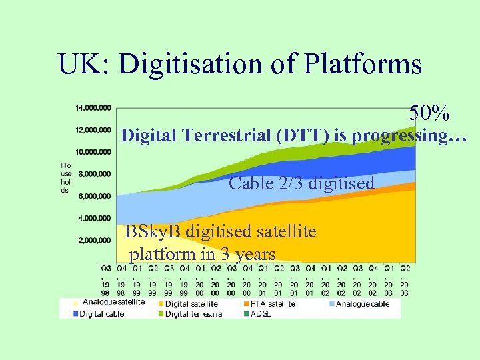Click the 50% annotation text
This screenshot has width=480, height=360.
(x=429, y=113)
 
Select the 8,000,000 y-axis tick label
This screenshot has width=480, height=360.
(x=95, y=174)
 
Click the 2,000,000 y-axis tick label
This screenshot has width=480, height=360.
(x=95, y=240)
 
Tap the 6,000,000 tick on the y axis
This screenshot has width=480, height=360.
(x=95, y=196)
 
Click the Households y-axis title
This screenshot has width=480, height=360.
(x=65, y=177)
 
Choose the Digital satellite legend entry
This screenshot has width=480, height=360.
(x=191, y=304)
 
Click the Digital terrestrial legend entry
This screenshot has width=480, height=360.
(x=193, y=314)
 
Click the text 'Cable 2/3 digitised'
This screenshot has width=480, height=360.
(x=301, y=183)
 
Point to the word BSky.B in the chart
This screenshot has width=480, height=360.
(x=153, y=231)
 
